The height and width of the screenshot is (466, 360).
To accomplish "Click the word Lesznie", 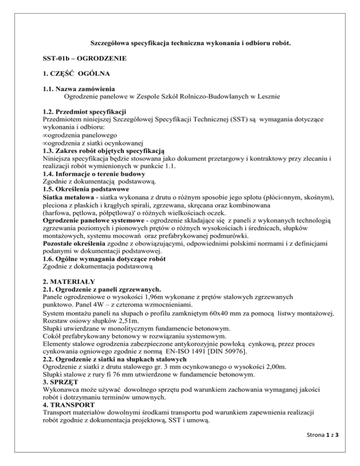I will tap(267, 97).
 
